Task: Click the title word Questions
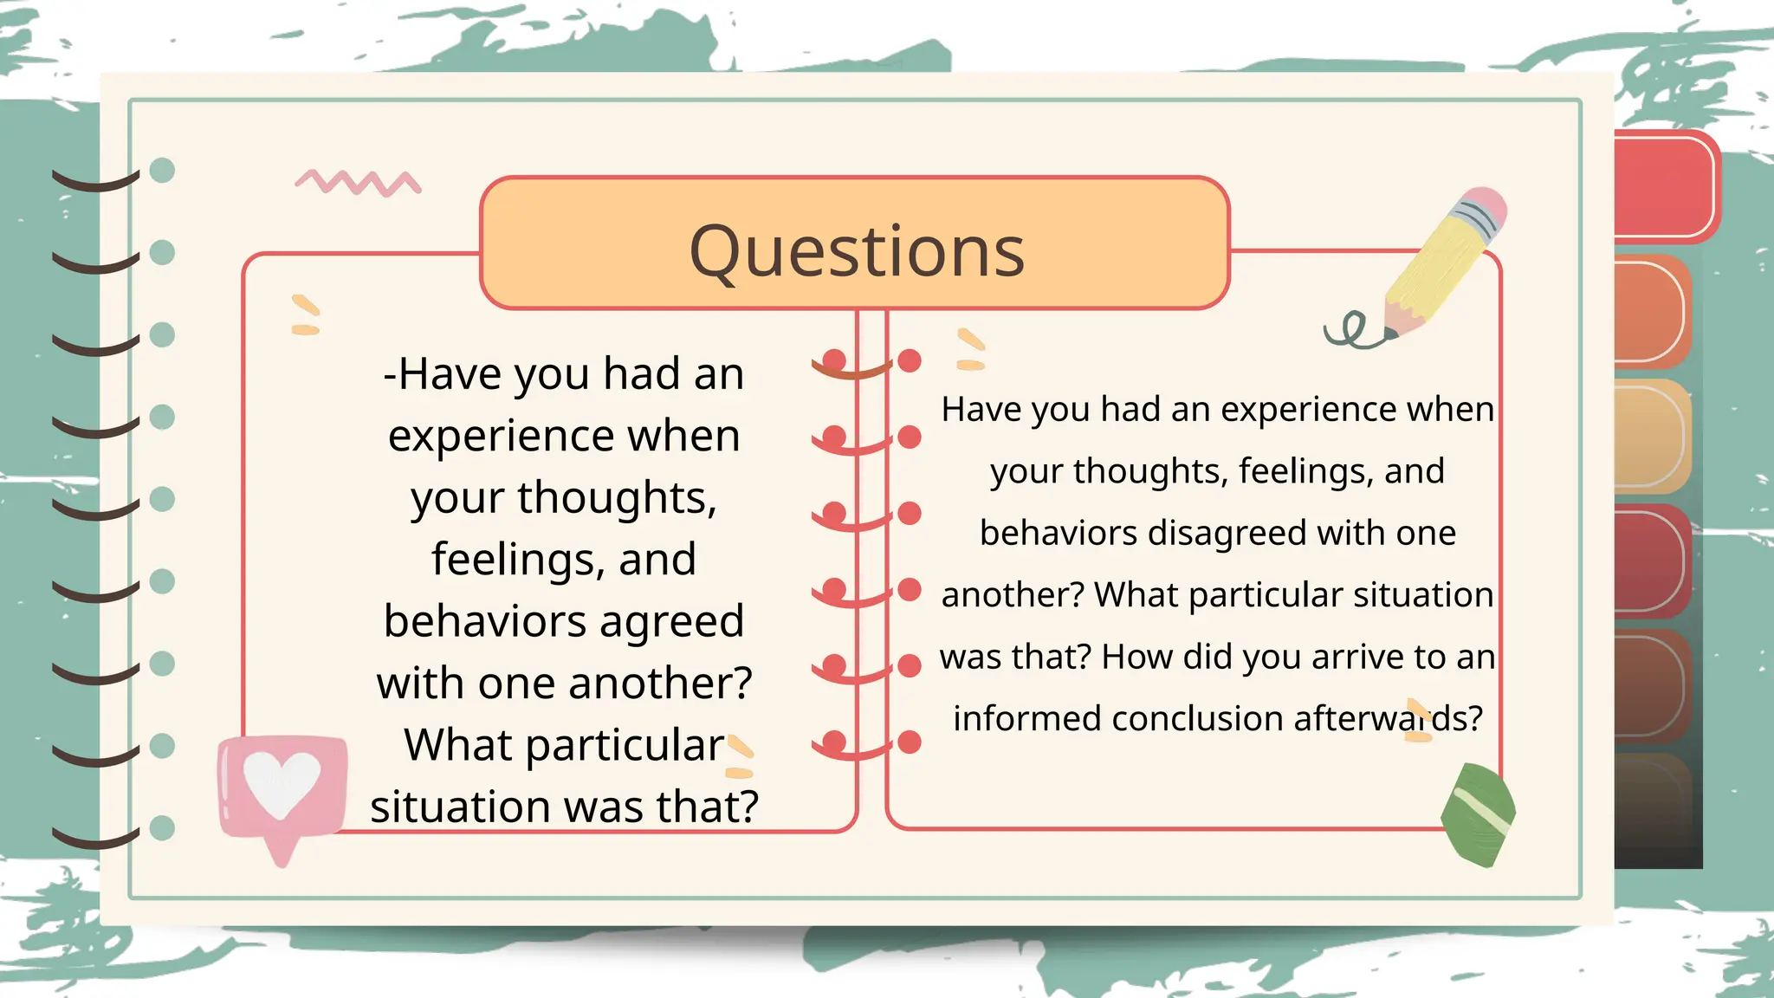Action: (x=856, y=251)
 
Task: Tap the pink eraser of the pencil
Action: (x=1486, y=204)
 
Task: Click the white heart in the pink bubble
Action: (x=282, y=782)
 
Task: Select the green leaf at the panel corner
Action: (x=1479, y=814)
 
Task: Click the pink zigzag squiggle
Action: (x=358, y=183)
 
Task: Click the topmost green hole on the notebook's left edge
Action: (x=162, y=170)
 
